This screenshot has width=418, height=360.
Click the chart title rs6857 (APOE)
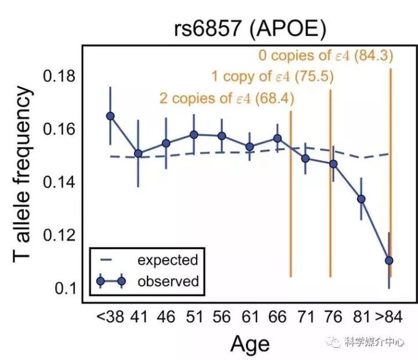point(249,29)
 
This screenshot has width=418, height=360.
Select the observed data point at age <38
point(110,116)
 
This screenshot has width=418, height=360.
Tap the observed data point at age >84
point(389,260)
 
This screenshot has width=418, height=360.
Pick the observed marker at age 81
point(361,199)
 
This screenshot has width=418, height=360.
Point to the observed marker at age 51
point(194,135)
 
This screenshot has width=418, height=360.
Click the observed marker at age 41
point(138,153)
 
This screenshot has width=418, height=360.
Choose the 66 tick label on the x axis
point(277,318)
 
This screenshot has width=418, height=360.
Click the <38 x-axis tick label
point(110,318)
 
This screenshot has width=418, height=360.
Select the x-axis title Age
point(250,344)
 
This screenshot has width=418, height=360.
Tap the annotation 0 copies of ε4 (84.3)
point(326,56)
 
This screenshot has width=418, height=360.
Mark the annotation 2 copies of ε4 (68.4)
point(226,98)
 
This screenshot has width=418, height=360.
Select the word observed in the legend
point(168,282)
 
